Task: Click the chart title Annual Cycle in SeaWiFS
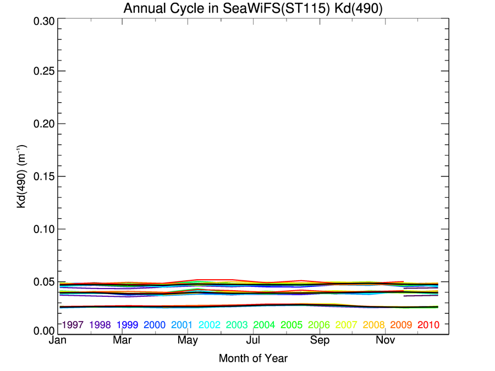(253, 9)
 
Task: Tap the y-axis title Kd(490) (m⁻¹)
(23, 176)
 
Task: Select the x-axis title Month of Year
(253, 358)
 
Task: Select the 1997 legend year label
(73, 325)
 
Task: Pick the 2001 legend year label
(182, 325)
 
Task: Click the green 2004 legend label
(265, 325)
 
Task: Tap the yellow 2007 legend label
(346, 325)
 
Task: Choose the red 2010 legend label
(428, 325)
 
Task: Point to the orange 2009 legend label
(401, 325)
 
